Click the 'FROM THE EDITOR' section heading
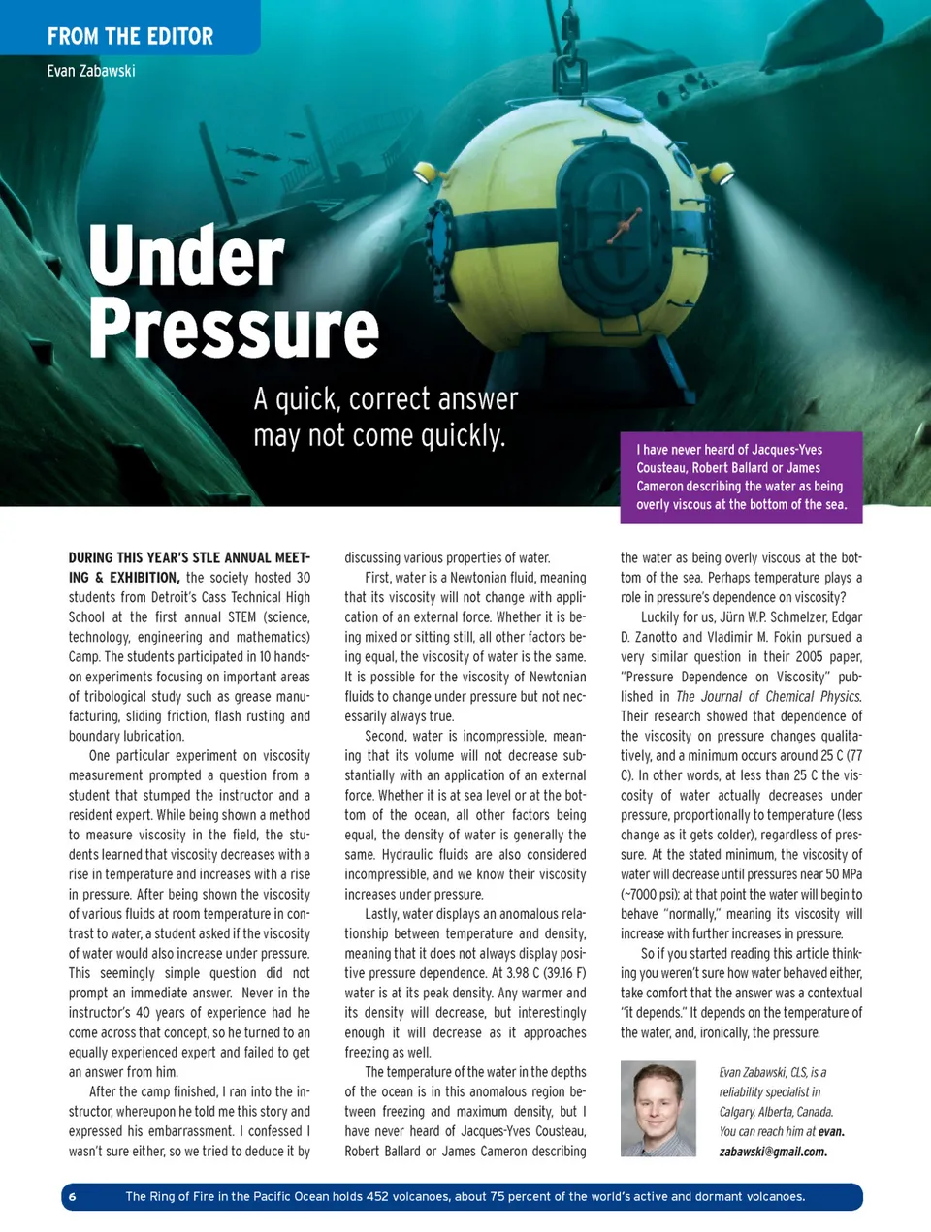pyautogui.click(x=130, y=37)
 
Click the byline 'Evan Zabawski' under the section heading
pyautogui.click(x=91, y=71)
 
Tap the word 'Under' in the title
pyautogui.click(x=186, y=255)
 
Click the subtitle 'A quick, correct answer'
pyautogui.click(x=385, y=399)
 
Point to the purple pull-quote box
pyautogui.click(x=741, y=477)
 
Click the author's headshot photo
pyautogui.click(x=658, y=1108)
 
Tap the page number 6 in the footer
pyautogui.click(x=73, y=1196)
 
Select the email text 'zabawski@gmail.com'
pyautogui.click(x=773, y=1152)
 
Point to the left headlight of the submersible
pyautogui.click(x=424, y=174)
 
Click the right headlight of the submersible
pyautogui.click(x=722, y=174)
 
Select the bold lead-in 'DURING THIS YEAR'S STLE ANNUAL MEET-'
pyautogui.click(x=189, y=557)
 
